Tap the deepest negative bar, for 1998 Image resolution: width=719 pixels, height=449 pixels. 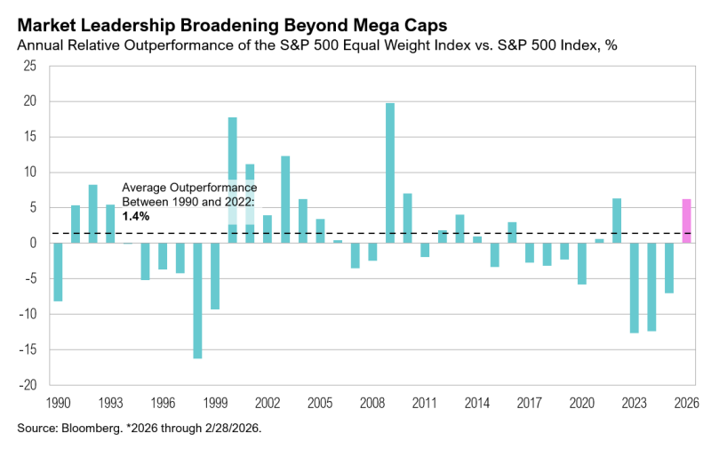(197, 301)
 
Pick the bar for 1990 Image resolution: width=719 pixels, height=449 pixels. (58, 271)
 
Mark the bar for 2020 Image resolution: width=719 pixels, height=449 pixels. (582, 263)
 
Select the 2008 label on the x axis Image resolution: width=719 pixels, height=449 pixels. (372, 401)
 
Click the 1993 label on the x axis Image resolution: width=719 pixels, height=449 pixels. (110, 401)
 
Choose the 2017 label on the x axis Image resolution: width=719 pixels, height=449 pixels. (530, 401)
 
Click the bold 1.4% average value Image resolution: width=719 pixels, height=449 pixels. (135, 216)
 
